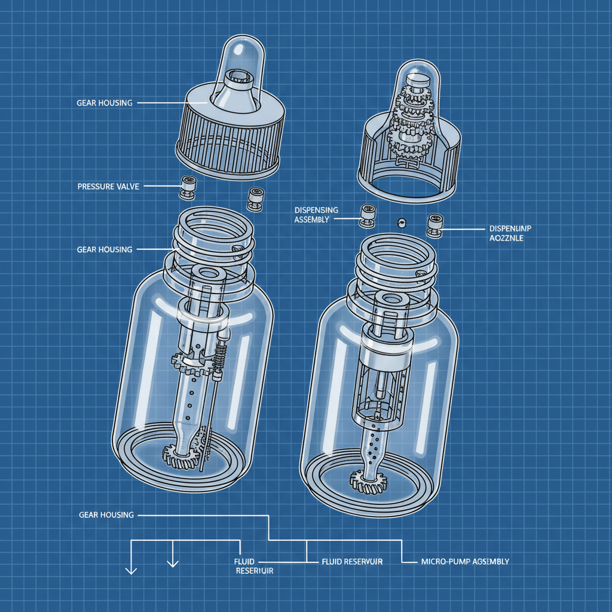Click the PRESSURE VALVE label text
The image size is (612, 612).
108,187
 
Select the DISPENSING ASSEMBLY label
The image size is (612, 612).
316,215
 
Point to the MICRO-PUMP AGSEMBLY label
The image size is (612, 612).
465,562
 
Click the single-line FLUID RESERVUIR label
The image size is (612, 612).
351,562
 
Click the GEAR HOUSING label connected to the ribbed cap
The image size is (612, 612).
105,103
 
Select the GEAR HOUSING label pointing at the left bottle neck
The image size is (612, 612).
105,249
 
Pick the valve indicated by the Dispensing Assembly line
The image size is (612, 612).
366,216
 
